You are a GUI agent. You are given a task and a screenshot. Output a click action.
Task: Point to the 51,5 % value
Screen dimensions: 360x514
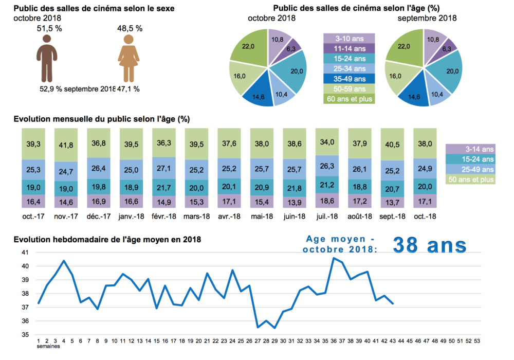click(49, 29)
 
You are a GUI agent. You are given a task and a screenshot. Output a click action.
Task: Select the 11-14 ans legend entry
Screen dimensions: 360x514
click(349, 48)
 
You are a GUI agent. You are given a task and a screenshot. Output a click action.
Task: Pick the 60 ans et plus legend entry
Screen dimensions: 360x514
click(349, 98)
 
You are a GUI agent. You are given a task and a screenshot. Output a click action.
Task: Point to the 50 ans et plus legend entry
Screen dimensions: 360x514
click(471, 179)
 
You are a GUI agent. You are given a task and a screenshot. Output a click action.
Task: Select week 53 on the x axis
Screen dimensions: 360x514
click(478, 340)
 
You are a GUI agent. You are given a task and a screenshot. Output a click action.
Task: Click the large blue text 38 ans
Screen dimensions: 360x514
click(429, 245)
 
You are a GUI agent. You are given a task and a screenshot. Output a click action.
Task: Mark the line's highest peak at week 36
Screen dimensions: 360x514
click(334, 258)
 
